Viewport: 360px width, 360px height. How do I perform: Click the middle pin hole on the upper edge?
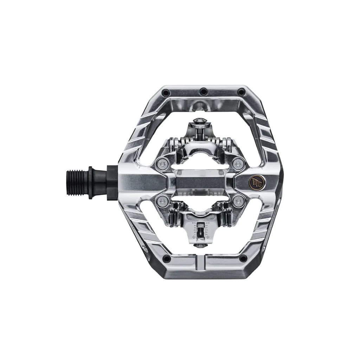pyautogui.click(x=203, y=92)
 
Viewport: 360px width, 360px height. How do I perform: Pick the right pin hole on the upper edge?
pyautogui.click(x=241, y=92)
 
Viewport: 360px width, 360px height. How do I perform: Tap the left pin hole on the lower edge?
pyautogui.click(x=167, y=259)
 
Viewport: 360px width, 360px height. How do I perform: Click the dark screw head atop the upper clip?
pyautogui.click(x=199, y=122)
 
